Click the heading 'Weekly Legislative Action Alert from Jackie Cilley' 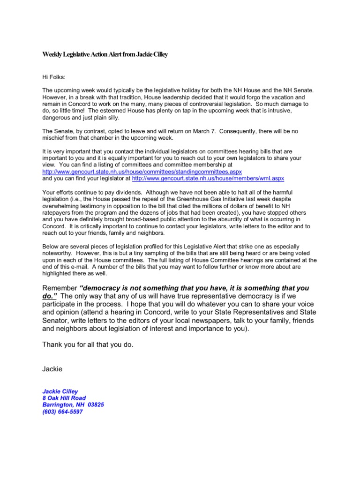[105, 55]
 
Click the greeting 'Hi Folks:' [55, 75]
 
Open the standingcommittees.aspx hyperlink [142, 172]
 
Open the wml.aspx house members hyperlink [208, 179]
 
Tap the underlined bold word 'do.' [50, 296]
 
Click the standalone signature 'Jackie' [52, 369]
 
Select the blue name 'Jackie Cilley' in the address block [60, 391]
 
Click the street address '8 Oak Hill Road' [64, 398]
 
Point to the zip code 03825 [96, 405]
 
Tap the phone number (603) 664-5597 [63, 412]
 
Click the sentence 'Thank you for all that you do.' [88, 345]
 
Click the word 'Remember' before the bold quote [60, 288]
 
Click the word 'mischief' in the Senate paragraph [55, 138]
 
